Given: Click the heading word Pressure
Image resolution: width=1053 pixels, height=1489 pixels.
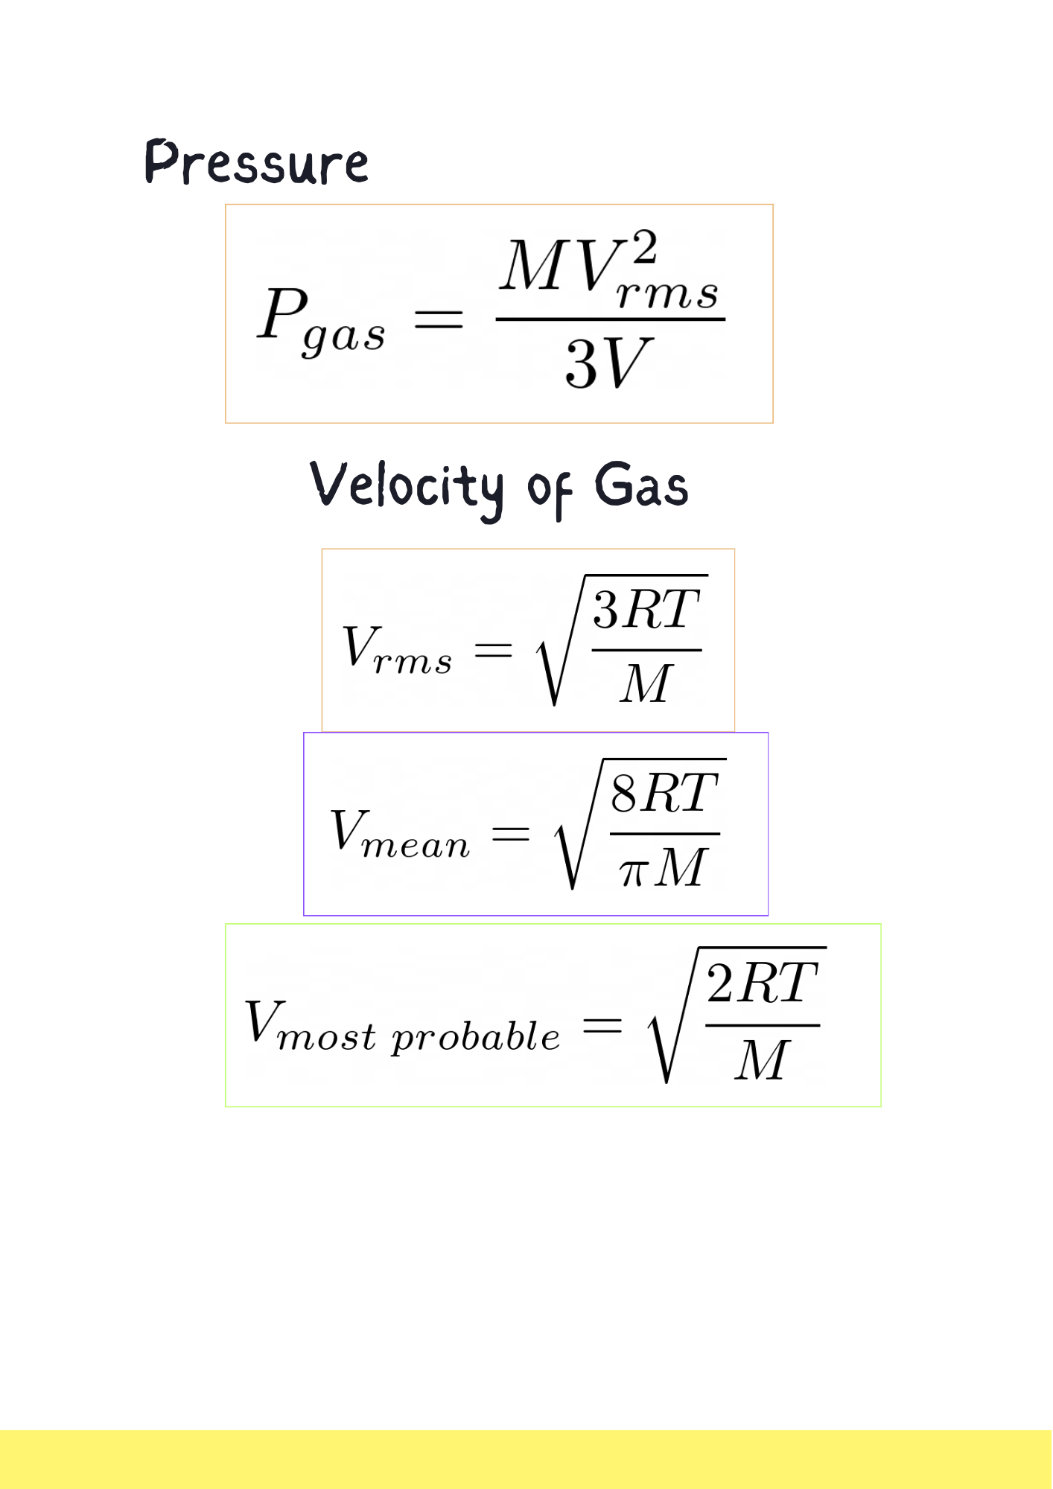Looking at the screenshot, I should pos(256,162).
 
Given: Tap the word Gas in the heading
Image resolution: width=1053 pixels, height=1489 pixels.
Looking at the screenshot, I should pos(640,485).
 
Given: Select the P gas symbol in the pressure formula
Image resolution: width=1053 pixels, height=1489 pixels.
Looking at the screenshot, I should pos(321,321).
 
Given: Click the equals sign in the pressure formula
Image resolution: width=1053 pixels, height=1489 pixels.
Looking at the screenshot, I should pos(439,319).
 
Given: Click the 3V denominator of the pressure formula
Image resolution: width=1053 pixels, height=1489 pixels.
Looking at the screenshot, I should pos(608,363).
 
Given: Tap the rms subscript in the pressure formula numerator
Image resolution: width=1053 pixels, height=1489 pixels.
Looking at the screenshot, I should pos(667,293).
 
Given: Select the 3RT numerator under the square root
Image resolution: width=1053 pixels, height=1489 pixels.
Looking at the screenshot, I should pos(646,610).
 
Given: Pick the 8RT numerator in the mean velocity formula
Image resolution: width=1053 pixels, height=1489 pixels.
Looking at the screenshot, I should pos(664,793).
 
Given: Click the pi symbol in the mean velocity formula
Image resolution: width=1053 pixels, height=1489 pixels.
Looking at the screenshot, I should pos(632,871).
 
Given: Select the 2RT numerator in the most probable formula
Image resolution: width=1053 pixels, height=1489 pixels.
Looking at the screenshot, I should pos(762,983).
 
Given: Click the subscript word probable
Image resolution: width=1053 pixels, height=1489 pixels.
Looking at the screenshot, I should pos(476,1036).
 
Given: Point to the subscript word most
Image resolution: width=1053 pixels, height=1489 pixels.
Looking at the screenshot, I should pos(326,1037).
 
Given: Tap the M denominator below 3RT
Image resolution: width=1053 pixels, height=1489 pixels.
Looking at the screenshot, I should pos(646,683).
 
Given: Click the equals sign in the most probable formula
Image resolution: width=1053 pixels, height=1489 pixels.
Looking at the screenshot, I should pos(602,1026).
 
